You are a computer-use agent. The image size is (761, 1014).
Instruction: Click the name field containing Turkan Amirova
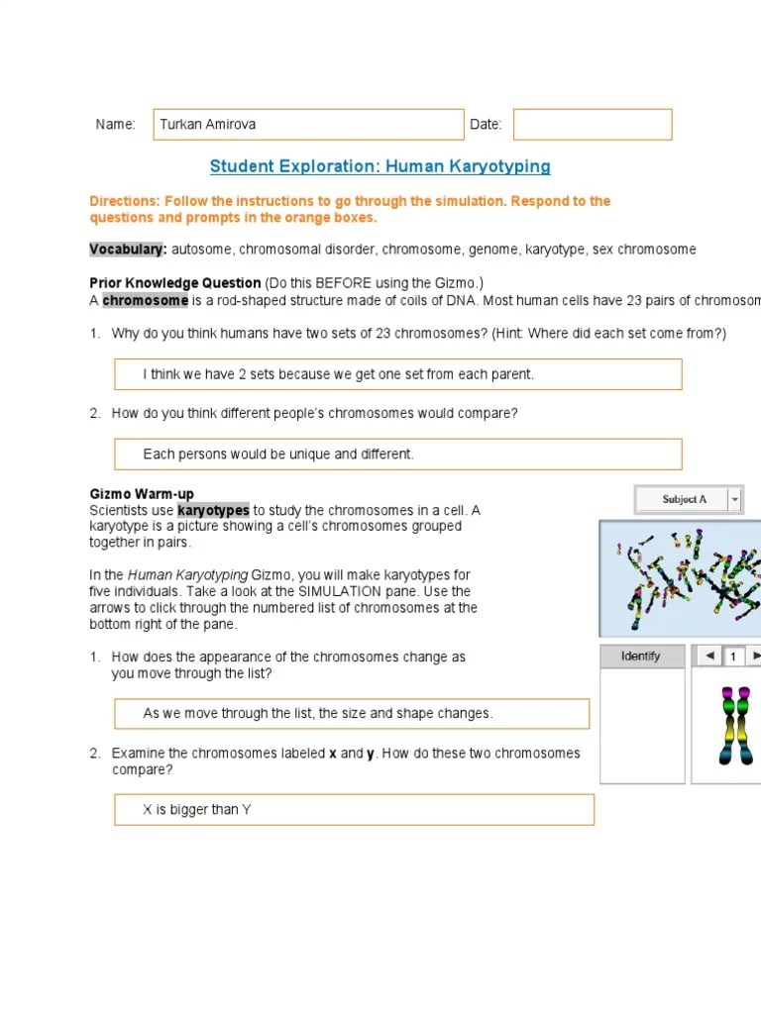point(307,125)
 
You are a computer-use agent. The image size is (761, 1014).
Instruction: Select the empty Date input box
point(592,125)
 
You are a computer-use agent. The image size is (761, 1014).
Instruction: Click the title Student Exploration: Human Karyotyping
point(380,166)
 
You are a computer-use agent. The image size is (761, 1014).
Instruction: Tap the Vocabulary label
point(128,250)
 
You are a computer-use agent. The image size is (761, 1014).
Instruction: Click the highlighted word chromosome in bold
point(145,301)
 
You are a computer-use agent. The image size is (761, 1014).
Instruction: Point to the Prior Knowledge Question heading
point(175,283)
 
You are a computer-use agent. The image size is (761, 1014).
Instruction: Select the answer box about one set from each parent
point(398,374)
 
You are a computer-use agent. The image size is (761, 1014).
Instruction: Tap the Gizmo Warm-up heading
point(142,494)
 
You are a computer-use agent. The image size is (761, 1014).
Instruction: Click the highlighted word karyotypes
point(213,510)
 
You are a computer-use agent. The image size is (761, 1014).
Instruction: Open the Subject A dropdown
point(684,500)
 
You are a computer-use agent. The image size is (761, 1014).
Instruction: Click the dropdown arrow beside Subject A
point(734,500)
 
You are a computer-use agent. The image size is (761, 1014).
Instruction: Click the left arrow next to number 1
point(708,656)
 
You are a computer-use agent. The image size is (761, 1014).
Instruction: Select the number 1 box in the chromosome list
point(733,656)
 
